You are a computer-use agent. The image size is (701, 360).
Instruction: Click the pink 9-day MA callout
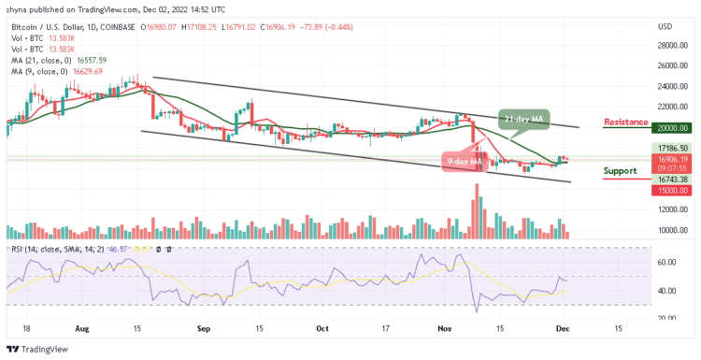[464, 160]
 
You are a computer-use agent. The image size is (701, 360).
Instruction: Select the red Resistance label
[626, 122]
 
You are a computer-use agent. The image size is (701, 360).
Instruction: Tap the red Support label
[620, 170]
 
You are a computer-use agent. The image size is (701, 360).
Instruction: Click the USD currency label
[665, 25]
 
